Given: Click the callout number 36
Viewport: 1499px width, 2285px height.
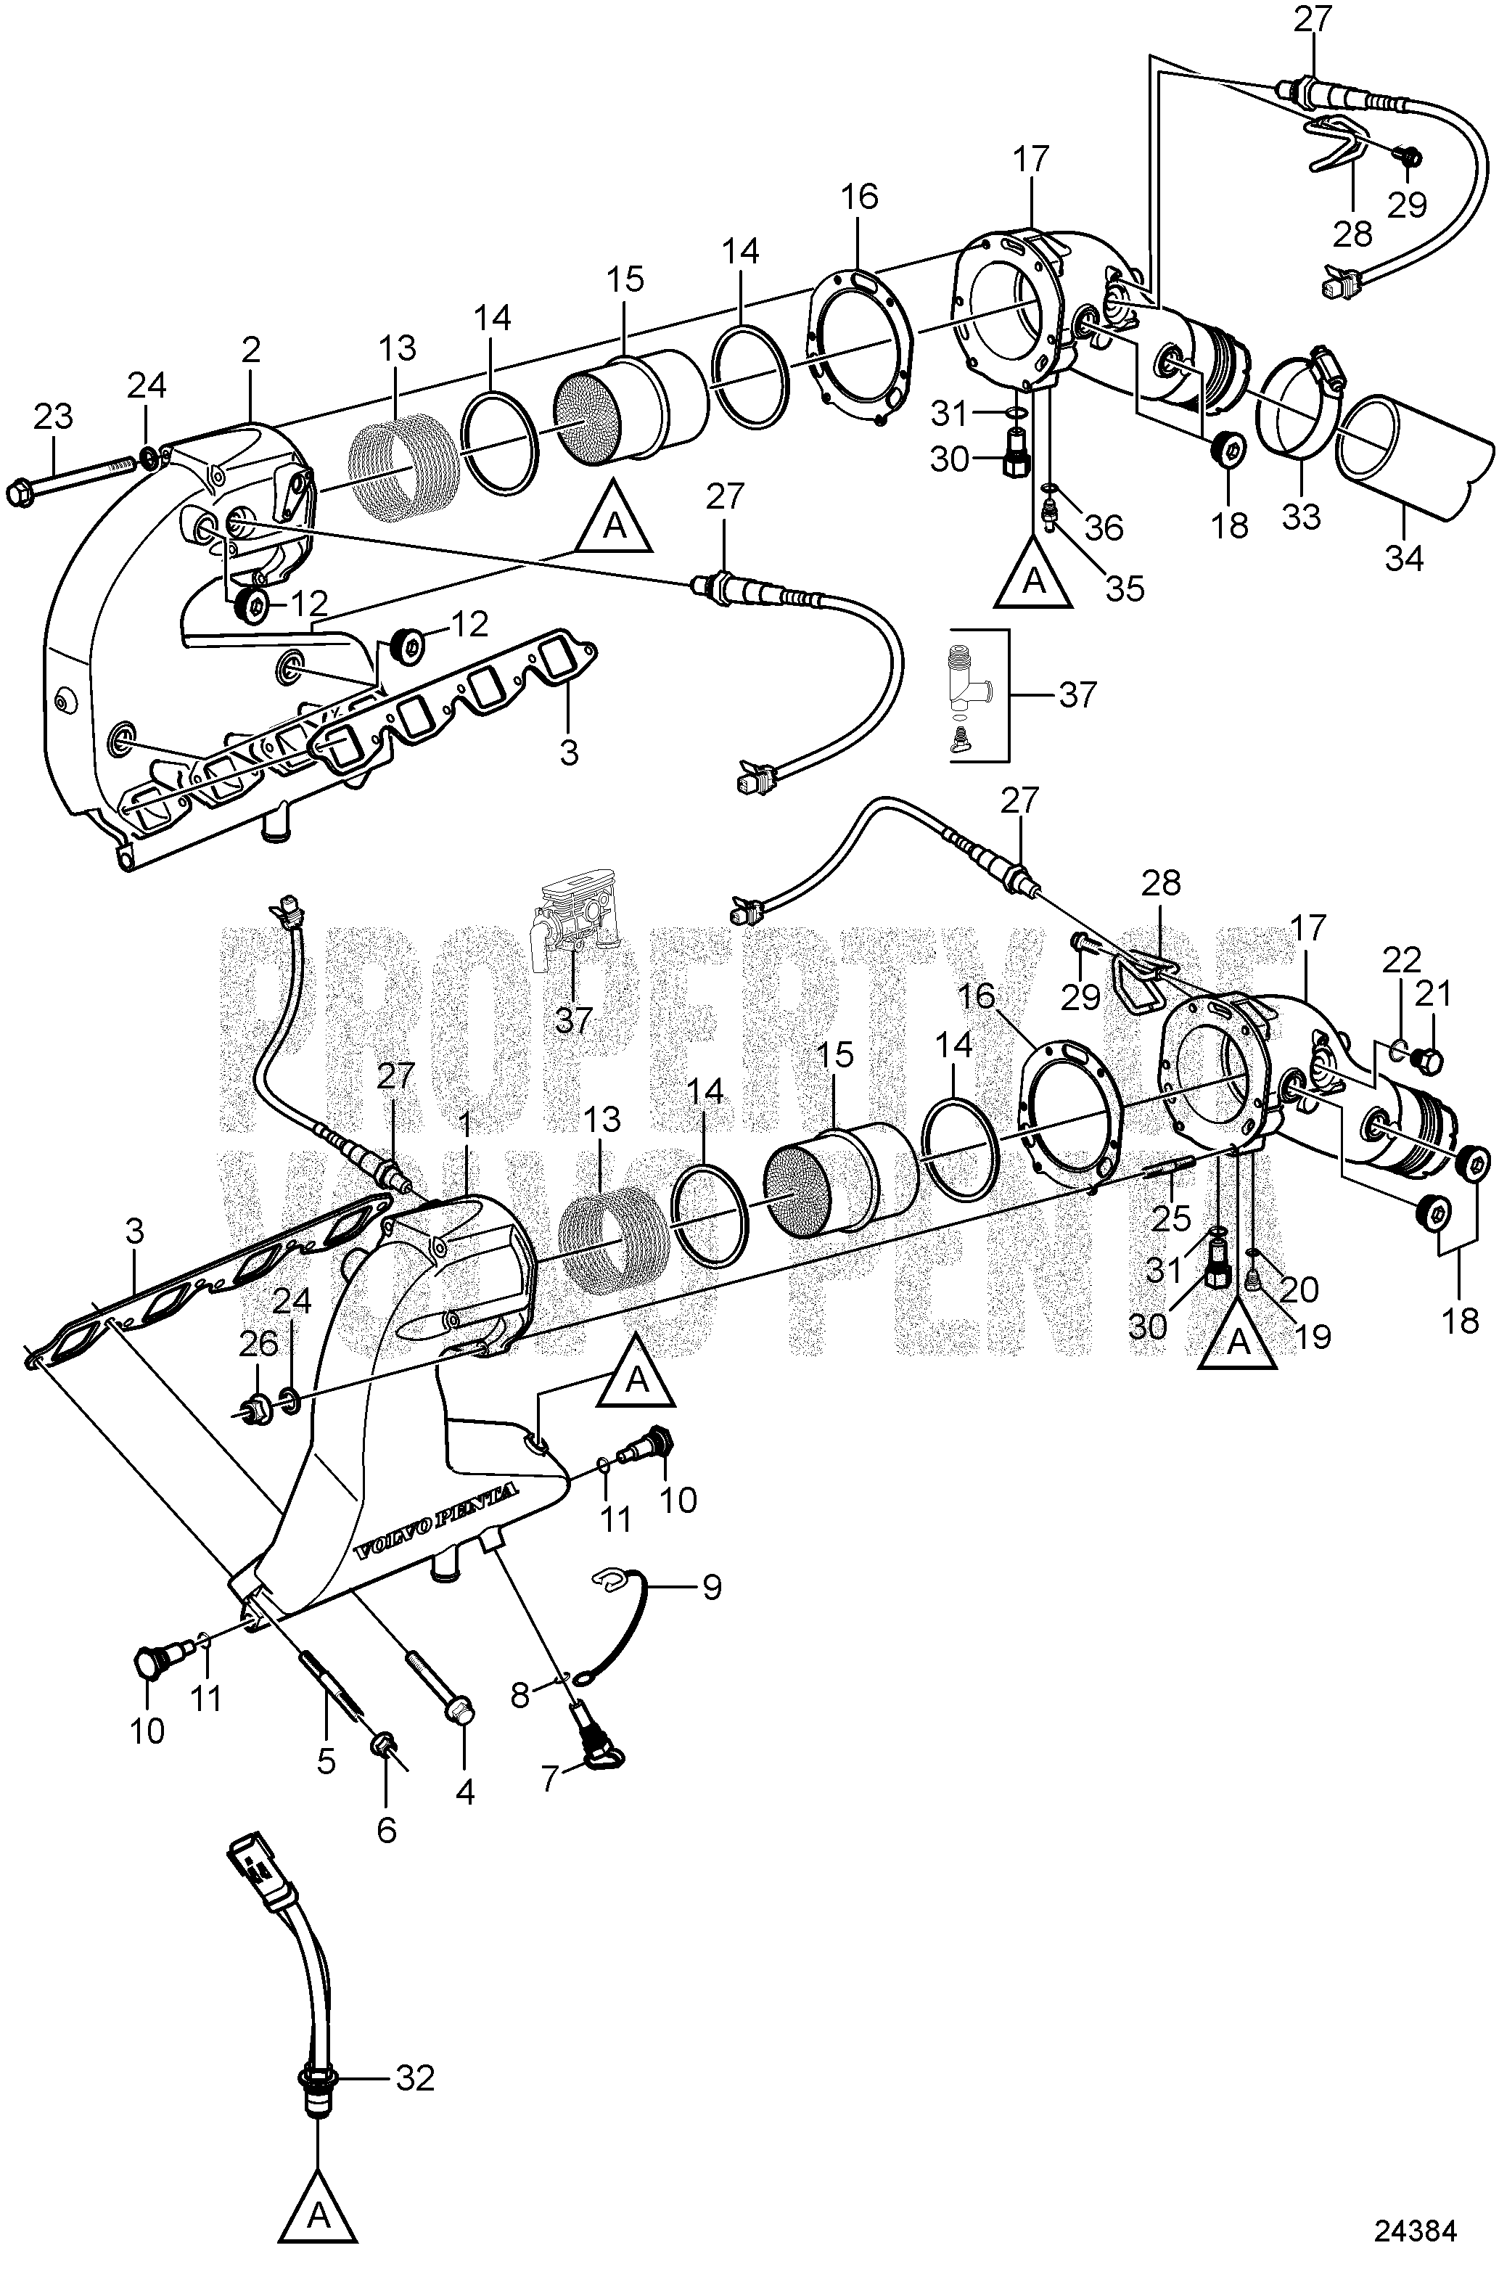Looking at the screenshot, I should (x=1104, y=527).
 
